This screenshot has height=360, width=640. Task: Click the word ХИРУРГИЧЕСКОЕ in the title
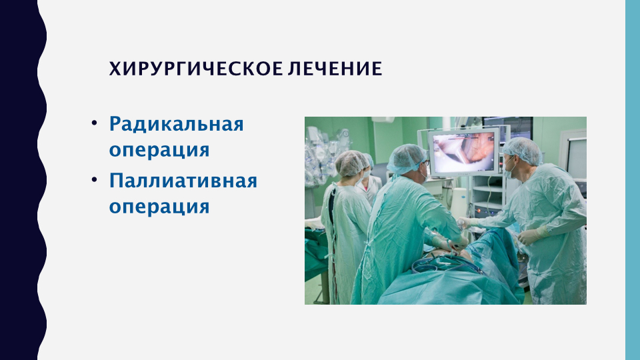[196, 69]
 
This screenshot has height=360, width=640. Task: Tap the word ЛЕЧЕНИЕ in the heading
[335, 69]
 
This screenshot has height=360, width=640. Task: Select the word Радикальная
[176, 124]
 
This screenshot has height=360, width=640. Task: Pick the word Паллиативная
[183, 181]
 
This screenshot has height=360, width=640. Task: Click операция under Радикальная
[159, 150]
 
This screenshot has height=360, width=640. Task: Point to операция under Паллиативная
[159, 207]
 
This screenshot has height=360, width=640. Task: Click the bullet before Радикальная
[94, 123]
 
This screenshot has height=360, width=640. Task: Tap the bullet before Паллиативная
[94, 179]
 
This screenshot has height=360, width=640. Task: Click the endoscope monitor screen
[464, 152]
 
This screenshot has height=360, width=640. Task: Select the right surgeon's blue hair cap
[523, 150]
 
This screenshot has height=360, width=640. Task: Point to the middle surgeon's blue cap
[406, 159]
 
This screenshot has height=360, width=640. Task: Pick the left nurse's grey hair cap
[351, 163]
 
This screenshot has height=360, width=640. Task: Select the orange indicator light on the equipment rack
[479, 211]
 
